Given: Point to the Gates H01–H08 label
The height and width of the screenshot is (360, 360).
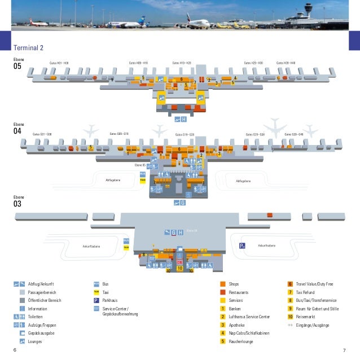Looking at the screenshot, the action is (x=59, y=63).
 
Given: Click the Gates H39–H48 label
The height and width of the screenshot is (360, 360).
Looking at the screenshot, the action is (x=286, y=63).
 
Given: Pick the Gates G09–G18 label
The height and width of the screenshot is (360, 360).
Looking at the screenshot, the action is (x=118, y=134).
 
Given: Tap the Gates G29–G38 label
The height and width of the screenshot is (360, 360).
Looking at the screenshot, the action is (x=255, y=134).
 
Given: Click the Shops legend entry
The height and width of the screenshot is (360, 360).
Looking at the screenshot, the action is (x=234, y=284).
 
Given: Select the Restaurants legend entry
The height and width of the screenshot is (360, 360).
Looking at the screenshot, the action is (x=239, y=293).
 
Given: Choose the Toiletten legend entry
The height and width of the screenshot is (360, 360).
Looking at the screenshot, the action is (x=36, y=317).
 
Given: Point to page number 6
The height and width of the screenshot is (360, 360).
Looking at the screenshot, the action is (x=15, y=350).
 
